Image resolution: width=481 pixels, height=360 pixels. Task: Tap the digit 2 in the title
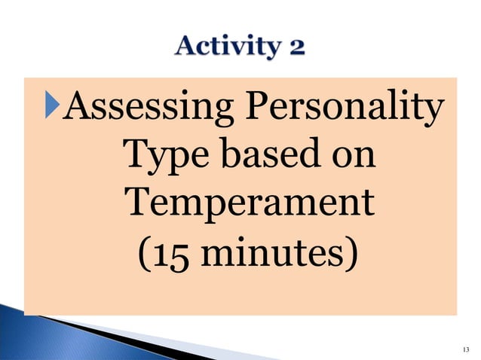point(296,48)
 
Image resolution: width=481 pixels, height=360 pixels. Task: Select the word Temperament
point(249,205)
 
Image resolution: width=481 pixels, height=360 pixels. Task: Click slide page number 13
point(464,347)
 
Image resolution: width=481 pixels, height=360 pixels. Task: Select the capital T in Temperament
point(136,203)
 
